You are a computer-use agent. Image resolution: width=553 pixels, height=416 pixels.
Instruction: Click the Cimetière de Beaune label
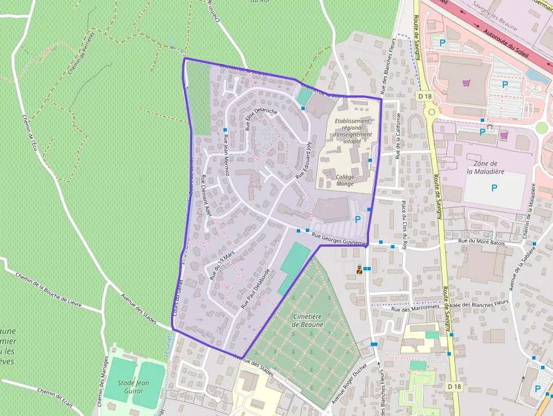click(x=308, y=321)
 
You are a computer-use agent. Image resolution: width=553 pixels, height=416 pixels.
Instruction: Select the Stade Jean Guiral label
click(x=133, y=386)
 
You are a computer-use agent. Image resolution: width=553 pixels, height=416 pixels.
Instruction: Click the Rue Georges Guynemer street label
click(x=339, y=239)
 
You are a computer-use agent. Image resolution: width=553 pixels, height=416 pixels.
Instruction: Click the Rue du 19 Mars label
click(x=221, y=266)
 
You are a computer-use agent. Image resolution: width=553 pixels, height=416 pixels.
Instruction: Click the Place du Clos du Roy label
click(x=404, y=224)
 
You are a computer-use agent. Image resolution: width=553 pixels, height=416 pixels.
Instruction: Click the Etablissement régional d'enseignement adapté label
click(x=353, y=130)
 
